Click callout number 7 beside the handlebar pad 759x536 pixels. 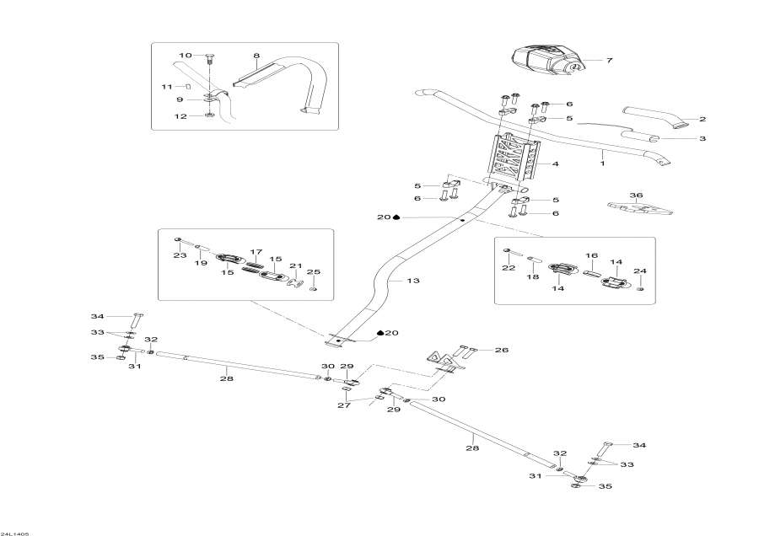pyautogui.click(x=609, y=61)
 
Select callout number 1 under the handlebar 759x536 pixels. pyautogui.click(x=602, y=155)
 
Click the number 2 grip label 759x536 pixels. pyautogui.click(x=702, y=119)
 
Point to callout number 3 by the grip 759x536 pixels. pyautogui.click(x=702, y=138)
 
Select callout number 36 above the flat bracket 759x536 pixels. pyautogui.click(x=637, y=196)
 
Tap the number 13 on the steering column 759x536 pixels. pyautogui.click(x=412, y=281)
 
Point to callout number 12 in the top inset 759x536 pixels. pyautogui.click(x=180, y=116)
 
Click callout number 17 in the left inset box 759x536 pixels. pyautogui.click(x=256, y=251)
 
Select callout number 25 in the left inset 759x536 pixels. pyautogui.click(x=314, y=271)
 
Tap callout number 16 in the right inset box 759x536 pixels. pyautogui.click(x=591, y=255)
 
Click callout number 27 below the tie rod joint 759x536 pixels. pyautogui.click(x=344, y=405)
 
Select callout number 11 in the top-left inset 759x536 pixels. pyautogui.click(x=167, y=87)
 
